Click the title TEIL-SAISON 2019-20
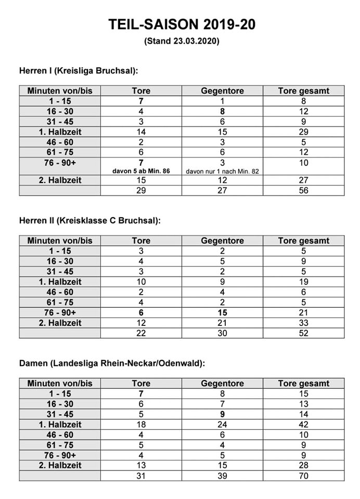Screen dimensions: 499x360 click(x=182, y=24)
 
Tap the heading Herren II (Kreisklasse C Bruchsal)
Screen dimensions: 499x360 click(x=90, y=220)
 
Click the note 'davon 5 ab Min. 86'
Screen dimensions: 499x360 click(x=141, y=170)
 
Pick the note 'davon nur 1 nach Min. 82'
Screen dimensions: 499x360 click(x=222, y=170)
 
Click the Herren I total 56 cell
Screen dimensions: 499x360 click(x=303, y=190)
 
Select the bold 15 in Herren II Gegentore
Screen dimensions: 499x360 click(x=222, y=312)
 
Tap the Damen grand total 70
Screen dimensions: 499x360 click(x=303, y=476)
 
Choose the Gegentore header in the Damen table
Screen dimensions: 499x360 click(x=222, y=384)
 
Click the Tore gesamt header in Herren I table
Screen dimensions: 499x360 click(x=303, y=91)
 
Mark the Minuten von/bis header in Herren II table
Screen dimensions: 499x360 click(x=60, y=241)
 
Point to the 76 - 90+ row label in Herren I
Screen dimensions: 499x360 click(x=60, y=163)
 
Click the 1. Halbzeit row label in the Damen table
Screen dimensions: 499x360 click(x=60, y=424)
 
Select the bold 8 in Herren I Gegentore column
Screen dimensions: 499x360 click(x=222, y=111)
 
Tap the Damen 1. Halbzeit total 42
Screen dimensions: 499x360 click(x=303, y=424)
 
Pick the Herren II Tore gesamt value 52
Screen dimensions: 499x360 click(x=303, y=333)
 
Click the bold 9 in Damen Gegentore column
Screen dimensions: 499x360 click(x=222, y=414)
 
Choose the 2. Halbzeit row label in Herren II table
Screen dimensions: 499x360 click(x=60, y=323)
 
